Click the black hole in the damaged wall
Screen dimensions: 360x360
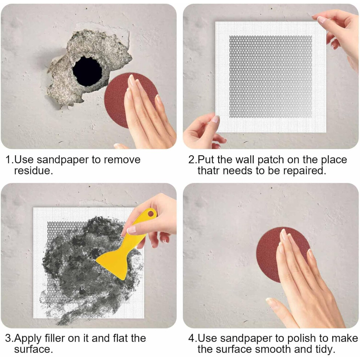click(x=87, y=71)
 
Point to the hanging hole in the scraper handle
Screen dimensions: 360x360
click(x=151, y=214)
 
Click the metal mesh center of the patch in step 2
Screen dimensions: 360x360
click(x=271, y=77)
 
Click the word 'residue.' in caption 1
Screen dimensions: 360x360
click(x=33, y=171)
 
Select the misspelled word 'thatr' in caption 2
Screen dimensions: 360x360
click(x=208, y=171)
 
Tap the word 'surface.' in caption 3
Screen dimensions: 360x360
click(x=33, y=349)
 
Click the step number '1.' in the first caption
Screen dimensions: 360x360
click(x=10, y=160)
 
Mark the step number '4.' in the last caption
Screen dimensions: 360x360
click(x=193, y=339)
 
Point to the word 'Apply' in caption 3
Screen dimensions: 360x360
click(x=28, y=339)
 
